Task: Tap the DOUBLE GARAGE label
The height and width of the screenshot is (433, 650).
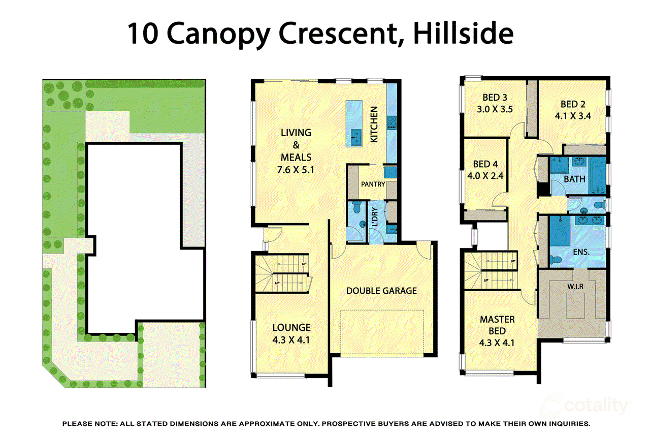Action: pyautogui.click(x=381, y=291)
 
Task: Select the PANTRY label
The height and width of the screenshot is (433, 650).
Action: pyautogui.click(x=373, y=184)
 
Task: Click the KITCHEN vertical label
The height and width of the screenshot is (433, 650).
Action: pyautogui.click(x=374, y=124)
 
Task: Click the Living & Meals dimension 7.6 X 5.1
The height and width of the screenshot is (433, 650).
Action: pyautogui.click(x=296, y=170)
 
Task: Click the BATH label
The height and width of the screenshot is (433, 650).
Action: pyautogui.click(x=574, y=179)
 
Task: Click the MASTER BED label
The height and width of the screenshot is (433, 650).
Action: pyautogui.click(x=497, y=325)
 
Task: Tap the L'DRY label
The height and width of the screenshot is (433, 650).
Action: pyautogui.click(x=375, y=218)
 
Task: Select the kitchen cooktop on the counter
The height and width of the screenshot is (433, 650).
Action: pyautogui.click(x=392, y=123)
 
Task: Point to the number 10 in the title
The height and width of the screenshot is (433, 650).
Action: pyautogui.click(x=143, y=34)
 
